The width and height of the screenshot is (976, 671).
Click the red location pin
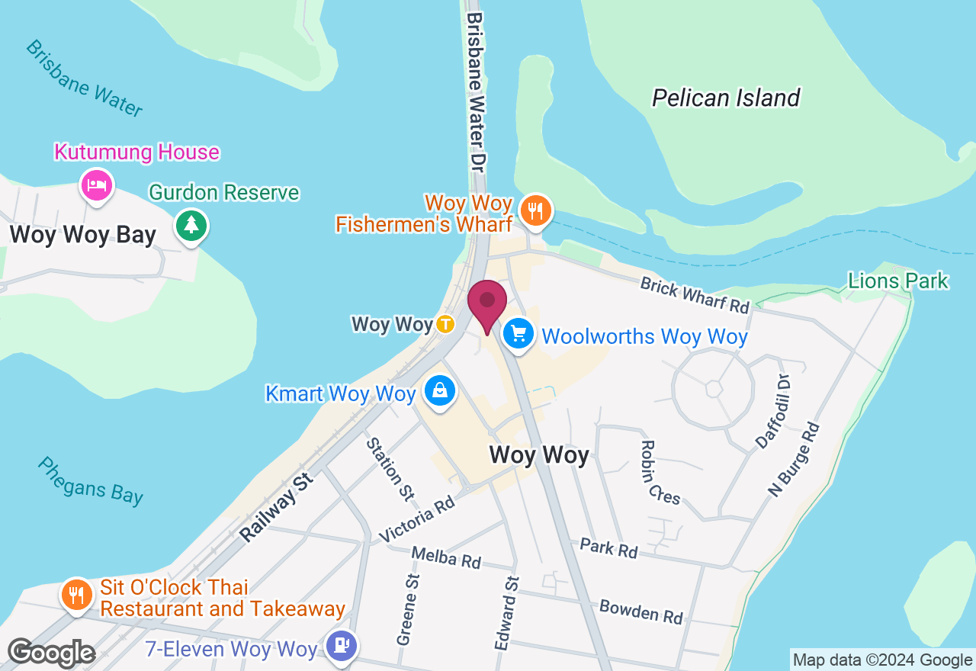click(x=486, y=303)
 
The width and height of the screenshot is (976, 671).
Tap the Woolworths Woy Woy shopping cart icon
click(x=518, y=334)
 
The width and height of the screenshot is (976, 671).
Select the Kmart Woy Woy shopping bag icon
click(x=440, y=391)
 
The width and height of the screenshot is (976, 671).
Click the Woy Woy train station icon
click(x=445, y=324)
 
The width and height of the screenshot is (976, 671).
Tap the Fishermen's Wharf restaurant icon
click(x=536, y=209)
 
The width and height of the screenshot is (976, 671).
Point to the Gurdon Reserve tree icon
click(x=191, y=225)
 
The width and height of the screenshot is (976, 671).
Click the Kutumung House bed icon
click(x=97, y=185)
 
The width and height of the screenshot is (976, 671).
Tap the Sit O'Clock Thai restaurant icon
click(x=75, y=593)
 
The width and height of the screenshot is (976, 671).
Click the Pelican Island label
click(x=725, y=98)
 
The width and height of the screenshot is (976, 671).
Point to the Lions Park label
click(x=897, y=281)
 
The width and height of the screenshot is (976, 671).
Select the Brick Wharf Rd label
click(x=695, y=294)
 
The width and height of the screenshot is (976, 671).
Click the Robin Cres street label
click(x=660, y=472)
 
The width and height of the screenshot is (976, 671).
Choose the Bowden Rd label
click(x=640, y=611)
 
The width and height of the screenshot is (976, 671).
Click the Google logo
click(x=50, y=653)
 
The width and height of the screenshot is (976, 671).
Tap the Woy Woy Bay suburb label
click(x=83, y=235)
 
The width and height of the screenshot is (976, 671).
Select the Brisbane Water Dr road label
click(x=477, y=91)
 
